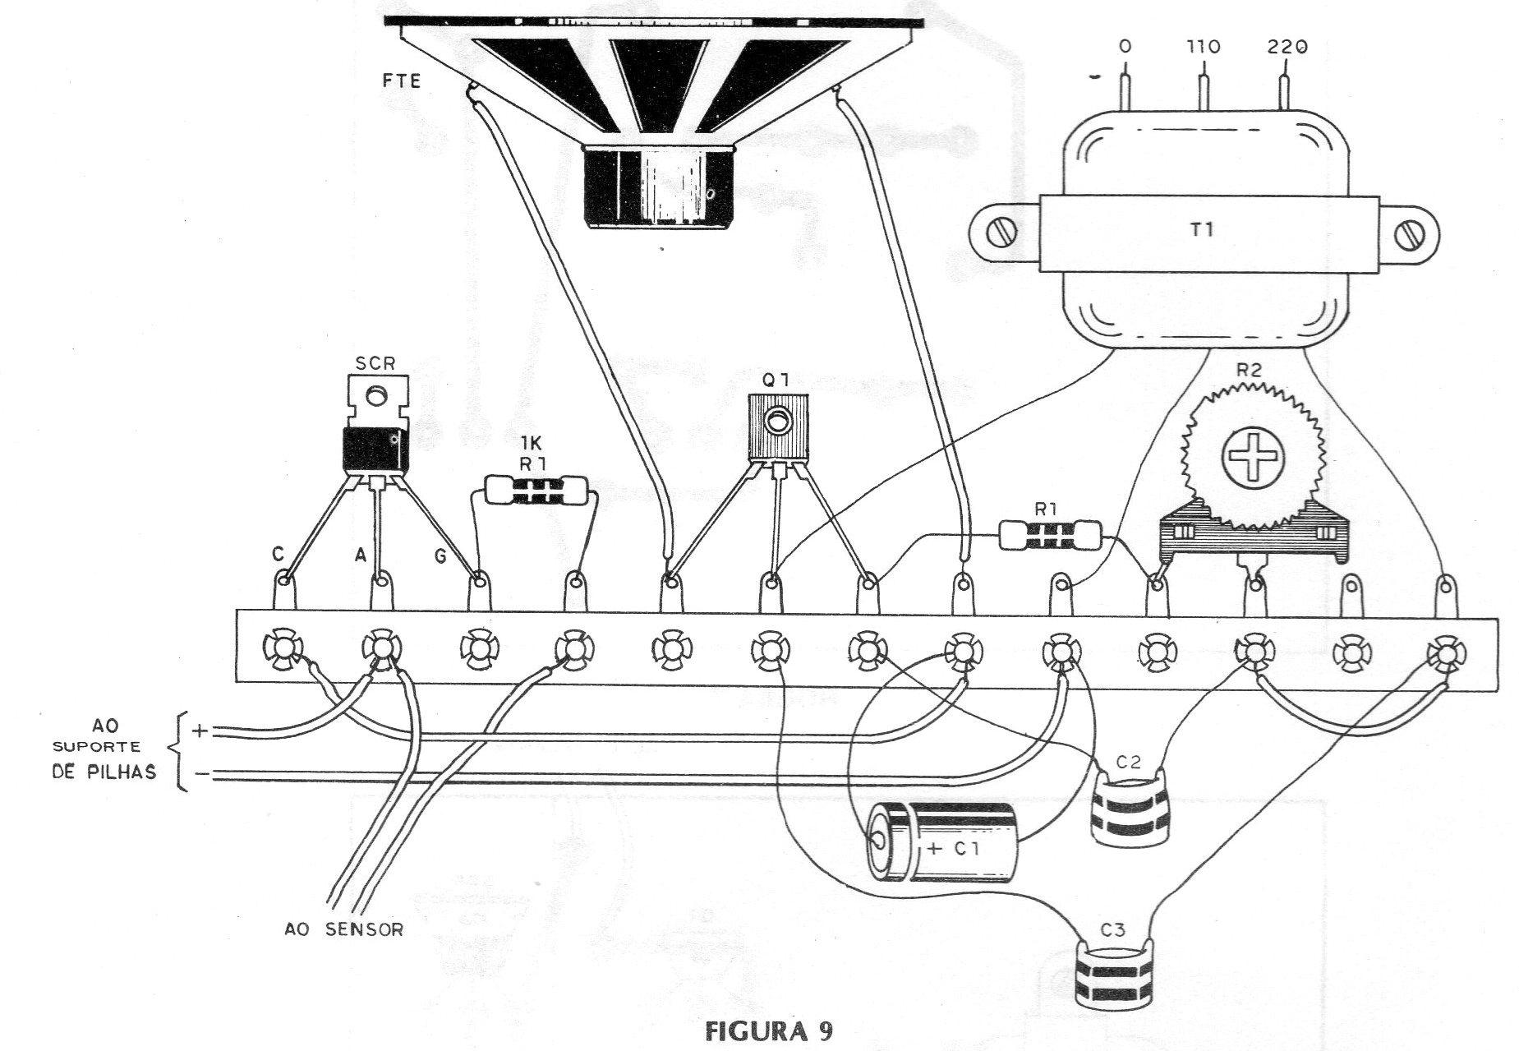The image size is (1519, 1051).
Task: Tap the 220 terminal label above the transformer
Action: [1286, 48]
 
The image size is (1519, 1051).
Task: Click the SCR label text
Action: [374, 362]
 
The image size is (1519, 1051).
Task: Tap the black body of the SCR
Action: [374, 450]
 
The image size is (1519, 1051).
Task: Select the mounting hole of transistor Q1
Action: [776, 422]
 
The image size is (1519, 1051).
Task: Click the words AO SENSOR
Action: [343, 930]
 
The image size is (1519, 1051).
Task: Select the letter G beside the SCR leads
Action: [440, 556]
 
